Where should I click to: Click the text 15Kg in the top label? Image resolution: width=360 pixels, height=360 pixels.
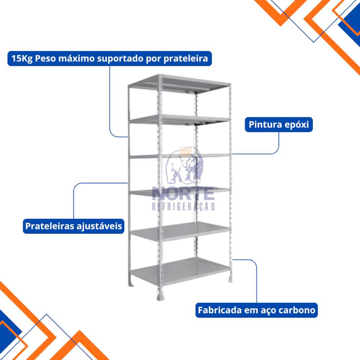click(x=22, y=59)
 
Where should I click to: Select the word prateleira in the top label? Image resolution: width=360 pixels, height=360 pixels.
click(x=185, y=59)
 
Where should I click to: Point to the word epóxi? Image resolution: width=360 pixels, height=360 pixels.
click(x=297, y=125)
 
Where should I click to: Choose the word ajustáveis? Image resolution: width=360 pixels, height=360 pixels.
click(x=99, y=226)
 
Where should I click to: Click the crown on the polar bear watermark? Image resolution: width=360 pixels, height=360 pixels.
click(x=185, y=151)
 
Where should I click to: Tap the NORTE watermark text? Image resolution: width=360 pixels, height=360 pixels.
click(x=183, y=193)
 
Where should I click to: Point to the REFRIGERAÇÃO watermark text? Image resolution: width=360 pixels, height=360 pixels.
click(x=183, y=206)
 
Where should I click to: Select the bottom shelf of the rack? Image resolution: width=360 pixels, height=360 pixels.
click(x=180, y=271)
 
